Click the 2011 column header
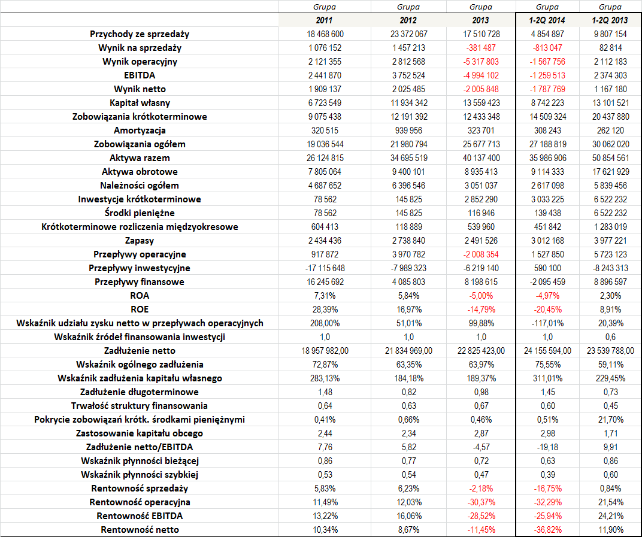pos(324,20)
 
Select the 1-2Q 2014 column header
pos(547,20)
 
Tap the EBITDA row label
pos(140,75)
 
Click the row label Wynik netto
pos(140,89)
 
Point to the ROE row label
pos(140,310)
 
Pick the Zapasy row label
pos(140,241)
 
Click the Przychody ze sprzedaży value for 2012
pos(408,34)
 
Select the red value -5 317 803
pos(481,62)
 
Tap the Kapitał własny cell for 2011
pos(325,103)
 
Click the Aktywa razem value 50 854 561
pos(610,158)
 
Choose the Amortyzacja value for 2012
pos(408,131)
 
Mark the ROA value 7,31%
pos(325,296)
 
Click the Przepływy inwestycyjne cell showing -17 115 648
pos(325,268)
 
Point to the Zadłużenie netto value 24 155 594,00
pos(547,351)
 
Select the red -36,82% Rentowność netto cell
pos(547,530)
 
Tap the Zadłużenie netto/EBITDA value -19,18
pos(547,447)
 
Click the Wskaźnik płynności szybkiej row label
pos(140,475)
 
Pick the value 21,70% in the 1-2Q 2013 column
pos(610,420)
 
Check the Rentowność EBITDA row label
pos(140,516)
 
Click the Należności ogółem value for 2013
pos(481,186)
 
